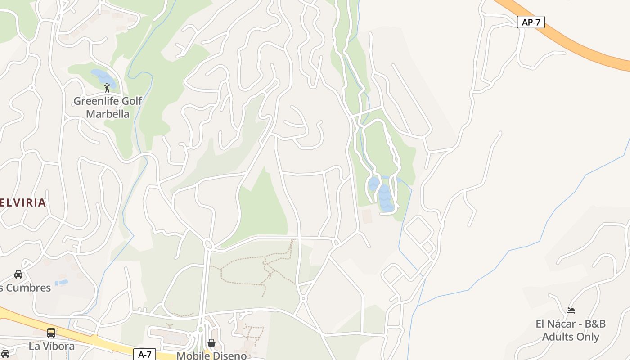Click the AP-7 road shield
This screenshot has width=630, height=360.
click(x=531, y=22)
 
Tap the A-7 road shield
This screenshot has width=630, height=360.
click(x=144, y=355)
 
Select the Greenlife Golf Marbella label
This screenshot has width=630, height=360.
click(x=108, y=108)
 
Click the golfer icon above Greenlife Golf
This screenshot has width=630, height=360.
click(x=107, y=87)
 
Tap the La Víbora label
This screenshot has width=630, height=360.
click(x=52, y=346)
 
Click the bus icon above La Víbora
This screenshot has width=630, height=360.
click(x=51, y=333)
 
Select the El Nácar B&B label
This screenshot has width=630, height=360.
click(x=571, y=330)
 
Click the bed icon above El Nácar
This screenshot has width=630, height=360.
click(x=571, y=310)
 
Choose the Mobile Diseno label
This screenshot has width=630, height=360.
click(x=211, y=355)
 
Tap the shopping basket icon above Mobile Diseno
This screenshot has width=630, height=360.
click(x=211, y=343)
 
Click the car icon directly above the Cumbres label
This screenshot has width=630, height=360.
click(x=18, y=274)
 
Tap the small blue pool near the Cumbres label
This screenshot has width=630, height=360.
click(x=62, y=283)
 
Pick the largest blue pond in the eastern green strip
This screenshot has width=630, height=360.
click(x=386, y=198)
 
